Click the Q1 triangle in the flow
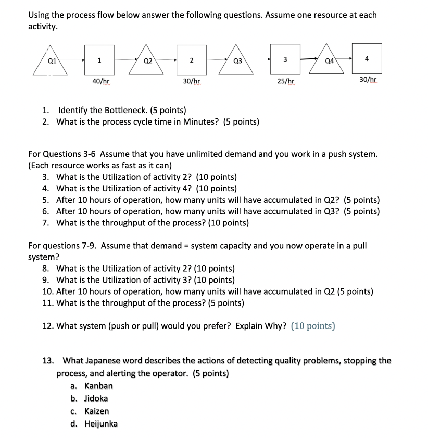pos(51,63)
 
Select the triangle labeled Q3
pos(237,63)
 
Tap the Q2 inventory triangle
pos(147,63)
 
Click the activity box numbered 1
pos(99,60)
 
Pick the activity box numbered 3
pos(285,59)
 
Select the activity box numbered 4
pos(367,58)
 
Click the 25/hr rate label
pos(285,81)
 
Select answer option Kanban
pos(98,386)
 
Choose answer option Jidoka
pos(96,398)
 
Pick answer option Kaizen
pos(97,411)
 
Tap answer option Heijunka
pos(101,423)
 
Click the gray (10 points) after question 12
pos(313,326)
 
